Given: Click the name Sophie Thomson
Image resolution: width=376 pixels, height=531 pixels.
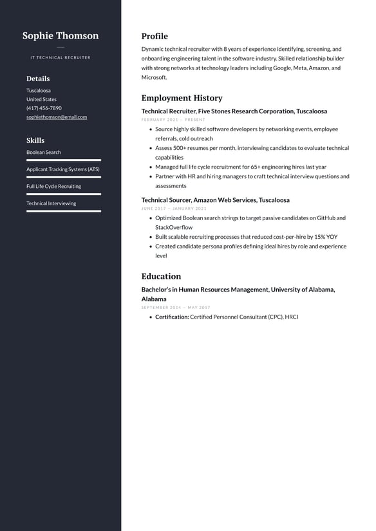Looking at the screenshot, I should [61, 36].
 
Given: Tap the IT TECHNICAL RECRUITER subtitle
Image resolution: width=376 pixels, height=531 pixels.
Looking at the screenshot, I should [61, 58].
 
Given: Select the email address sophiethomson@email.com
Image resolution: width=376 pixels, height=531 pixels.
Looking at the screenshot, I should [57, 117].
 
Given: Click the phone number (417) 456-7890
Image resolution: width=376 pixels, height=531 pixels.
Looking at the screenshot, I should [44, 108].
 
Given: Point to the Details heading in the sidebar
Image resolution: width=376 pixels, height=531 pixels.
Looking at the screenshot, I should [38, 79].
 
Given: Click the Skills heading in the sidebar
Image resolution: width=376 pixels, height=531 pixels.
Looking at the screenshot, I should [35, 140].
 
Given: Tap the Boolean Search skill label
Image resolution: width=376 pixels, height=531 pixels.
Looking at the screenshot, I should [44, 153].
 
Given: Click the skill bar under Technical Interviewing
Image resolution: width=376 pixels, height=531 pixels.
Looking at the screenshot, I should [64, 210].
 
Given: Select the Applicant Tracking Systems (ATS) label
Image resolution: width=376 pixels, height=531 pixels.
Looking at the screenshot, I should [63, 169].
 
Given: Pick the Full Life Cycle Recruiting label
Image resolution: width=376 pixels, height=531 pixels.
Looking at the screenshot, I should [53, 187].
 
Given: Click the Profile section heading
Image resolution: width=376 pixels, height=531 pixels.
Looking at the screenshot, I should [155, 36].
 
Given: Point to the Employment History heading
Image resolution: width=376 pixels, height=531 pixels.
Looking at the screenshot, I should [182, 98].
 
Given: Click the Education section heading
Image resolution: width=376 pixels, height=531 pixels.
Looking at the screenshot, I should [161, 276].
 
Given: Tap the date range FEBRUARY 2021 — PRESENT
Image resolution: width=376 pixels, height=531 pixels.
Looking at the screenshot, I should [173, 120].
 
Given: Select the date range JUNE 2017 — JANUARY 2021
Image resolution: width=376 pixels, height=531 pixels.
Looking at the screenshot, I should [174, 209].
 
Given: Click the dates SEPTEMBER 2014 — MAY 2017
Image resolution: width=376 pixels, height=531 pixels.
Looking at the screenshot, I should [176, 308].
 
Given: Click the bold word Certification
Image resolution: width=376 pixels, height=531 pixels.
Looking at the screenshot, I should [172, 317].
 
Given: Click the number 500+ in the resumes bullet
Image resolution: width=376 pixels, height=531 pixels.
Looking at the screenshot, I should [180, 148].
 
